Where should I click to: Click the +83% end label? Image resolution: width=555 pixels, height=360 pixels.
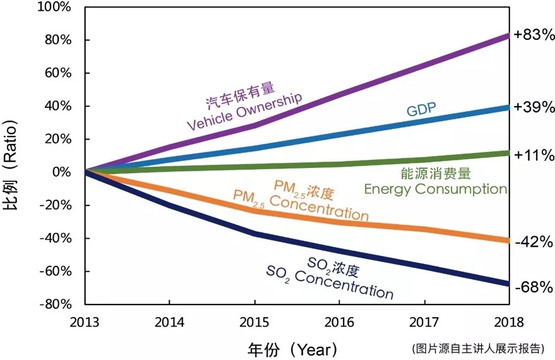pos(532,36)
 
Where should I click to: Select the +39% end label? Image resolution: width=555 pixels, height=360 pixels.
pos(532,107)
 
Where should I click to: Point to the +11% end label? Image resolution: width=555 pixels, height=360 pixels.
pos(532,155)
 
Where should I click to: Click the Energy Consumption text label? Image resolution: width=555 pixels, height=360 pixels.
pos(436,189)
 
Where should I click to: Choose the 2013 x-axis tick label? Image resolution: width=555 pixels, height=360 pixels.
pos(86,321)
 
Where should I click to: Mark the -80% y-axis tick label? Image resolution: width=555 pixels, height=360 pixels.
pos(58,304)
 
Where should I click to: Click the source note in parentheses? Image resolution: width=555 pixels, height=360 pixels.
pos(478,348)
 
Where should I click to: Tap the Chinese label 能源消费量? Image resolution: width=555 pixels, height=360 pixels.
pos(436,173)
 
